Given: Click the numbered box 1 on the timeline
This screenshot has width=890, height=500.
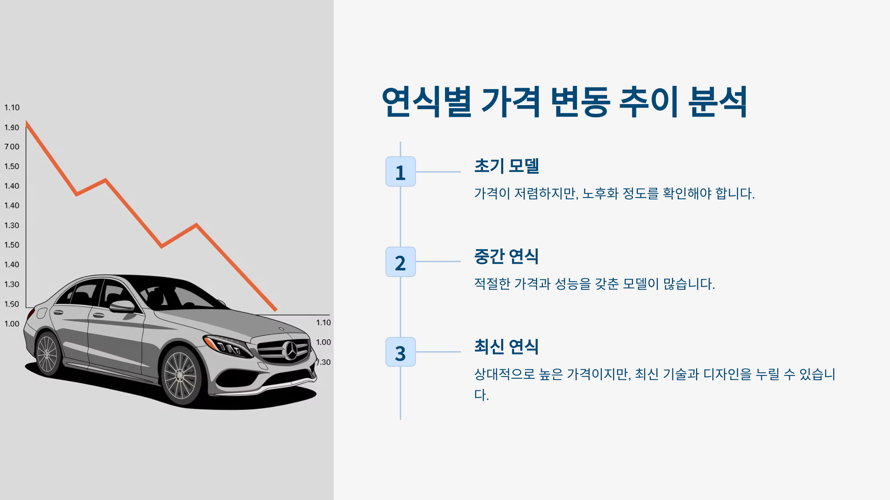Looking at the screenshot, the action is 400,171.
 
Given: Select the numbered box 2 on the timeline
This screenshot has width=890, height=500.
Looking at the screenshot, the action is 400,262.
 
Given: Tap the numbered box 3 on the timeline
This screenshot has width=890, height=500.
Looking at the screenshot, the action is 400,352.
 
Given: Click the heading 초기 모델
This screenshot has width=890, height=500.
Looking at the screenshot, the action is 507,166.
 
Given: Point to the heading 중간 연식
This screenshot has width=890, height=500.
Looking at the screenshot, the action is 507,256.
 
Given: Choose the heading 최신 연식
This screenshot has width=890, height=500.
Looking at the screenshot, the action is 507,346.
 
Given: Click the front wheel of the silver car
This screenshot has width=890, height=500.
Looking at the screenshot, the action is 181,376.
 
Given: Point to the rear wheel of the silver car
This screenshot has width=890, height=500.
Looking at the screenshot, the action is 47,354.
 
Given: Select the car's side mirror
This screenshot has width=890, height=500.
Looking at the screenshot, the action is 122,306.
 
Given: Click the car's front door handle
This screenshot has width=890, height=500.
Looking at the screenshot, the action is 99,316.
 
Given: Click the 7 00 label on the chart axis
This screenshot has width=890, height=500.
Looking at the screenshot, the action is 12,147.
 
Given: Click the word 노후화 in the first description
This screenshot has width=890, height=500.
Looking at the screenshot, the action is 600,193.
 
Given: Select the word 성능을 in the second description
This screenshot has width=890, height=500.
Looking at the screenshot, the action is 573,284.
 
